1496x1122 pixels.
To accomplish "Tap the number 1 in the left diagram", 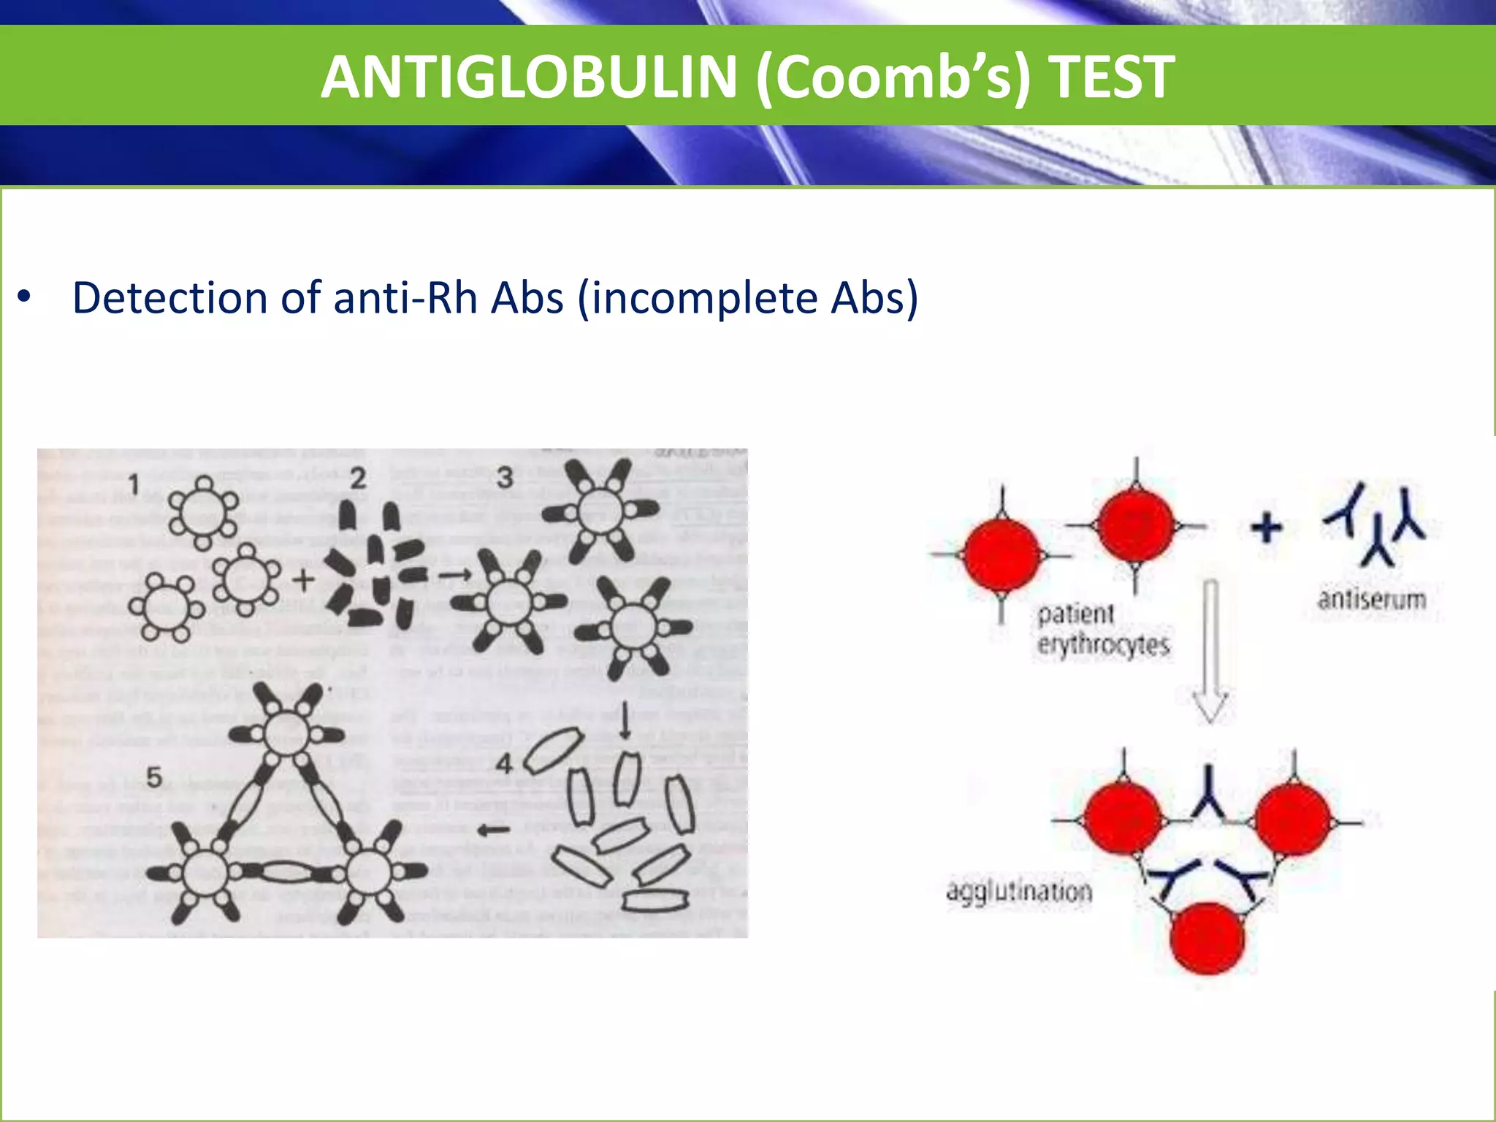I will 134,484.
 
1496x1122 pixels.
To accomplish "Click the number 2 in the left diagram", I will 357,479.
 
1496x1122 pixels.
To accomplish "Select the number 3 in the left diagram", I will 505,478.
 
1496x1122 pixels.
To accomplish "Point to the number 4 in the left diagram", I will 504,765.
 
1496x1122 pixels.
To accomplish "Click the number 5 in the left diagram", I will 153,777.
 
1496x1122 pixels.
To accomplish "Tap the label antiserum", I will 1371,600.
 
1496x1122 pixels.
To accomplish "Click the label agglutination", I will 1019,892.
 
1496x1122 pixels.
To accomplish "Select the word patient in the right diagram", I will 1075,614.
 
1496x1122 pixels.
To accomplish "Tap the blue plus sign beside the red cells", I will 1267,527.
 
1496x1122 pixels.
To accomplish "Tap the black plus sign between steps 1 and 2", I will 303,581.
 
